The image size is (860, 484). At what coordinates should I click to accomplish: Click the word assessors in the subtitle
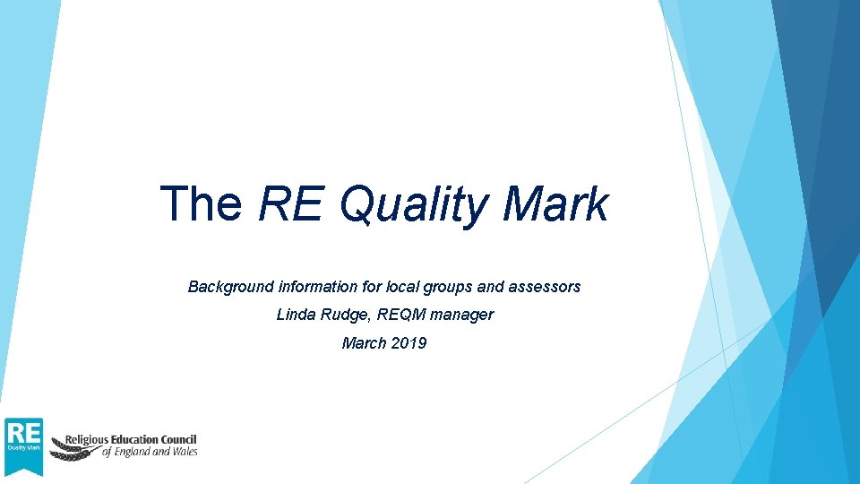(545, 287)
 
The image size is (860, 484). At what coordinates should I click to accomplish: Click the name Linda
(297, 315)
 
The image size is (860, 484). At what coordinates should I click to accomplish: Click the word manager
(461, 315)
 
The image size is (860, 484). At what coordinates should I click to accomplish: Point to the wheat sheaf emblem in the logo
(70, 447)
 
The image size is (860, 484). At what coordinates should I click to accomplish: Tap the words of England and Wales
(149, 453)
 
